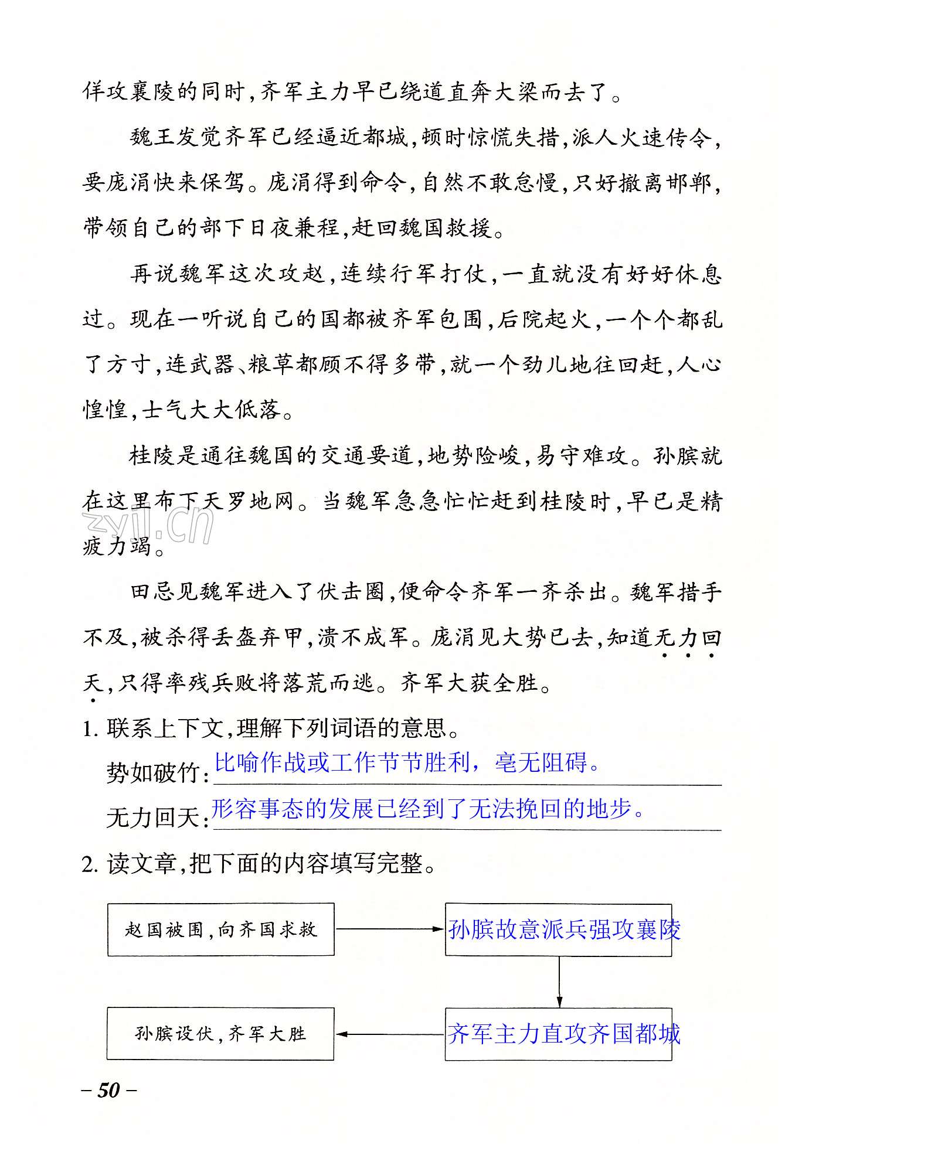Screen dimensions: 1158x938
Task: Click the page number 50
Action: [108, 1090]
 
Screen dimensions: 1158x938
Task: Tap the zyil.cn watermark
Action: [148, 525]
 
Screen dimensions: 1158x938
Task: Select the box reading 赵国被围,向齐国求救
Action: [220, 929]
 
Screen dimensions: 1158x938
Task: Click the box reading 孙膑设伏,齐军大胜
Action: [220, 1034]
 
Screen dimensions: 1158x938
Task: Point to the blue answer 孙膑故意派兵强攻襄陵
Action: [563, 929]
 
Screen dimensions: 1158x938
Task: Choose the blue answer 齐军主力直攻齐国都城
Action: [563, 1034]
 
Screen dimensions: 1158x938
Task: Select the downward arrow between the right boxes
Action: [559, 982]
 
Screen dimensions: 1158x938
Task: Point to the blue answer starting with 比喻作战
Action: [407, 762]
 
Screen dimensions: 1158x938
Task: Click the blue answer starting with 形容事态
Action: [428, 809]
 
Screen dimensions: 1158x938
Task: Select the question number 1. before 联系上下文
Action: [90, 729]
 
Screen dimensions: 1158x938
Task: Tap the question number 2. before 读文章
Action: [90, 864]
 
